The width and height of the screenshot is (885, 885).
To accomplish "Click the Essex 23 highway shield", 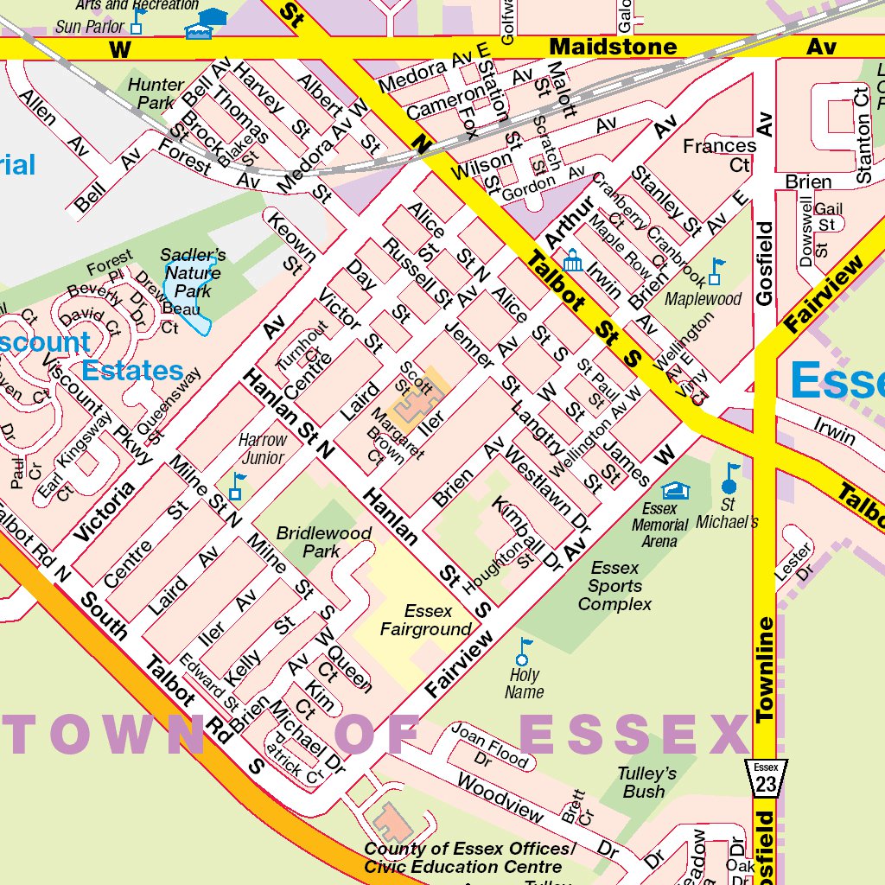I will coord(766,778).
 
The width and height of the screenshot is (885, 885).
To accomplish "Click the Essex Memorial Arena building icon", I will coord(677,491).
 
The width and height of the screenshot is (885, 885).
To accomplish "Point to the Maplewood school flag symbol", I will coord(716,271).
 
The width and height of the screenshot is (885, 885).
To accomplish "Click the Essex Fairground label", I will coord(428,621).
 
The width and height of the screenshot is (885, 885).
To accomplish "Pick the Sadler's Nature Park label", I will coord(193,273).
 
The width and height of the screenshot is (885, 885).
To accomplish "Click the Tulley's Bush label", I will coord(646,782).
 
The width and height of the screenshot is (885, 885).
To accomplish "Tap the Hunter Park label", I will coord(156,93).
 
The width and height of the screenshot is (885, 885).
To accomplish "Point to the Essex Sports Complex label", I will coord(614,586).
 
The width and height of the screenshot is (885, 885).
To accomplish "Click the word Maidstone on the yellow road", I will coord(614,47).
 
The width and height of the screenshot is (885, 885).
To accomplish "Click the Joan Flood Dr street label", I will coord(489,746).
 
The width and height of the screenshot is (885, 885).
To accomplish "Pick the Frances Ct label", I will coord(719,155).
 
